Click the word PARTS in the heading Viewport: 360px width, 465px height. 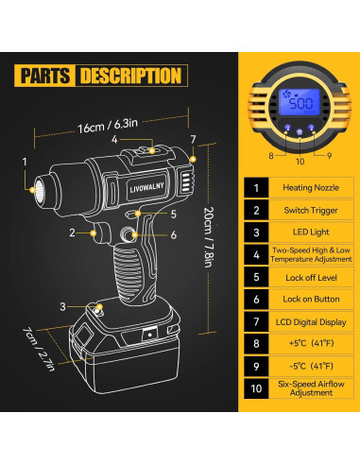point(44,75)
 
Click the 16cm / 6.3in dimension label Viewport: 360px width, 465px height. point(99,126)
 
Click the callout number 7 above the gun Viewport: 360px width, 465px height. point(193,140)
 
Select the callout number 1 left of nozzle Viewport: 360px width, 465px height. point(25,162)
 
